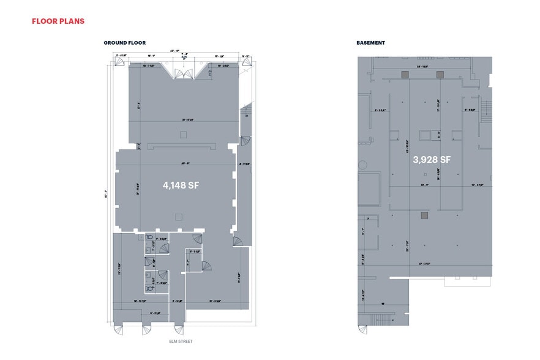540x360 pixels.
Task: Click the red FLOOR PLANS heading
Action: click(58, 21)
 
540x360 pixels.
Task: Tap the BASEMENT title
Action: click(370, 43)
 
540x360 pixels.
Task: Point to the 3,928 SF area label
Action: click(432, 160)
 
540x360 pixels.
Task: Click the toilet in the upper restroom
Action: click(149, 237)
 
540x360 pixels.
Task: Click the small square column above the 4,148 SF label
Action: click(182, 134)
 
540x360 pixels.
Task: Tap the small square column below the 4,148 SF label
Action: click(178, 216)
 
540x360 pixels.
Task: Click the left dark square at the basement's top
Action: click(405, 74)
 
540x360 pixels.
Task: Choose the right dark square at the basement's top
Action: click(439, 74)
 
